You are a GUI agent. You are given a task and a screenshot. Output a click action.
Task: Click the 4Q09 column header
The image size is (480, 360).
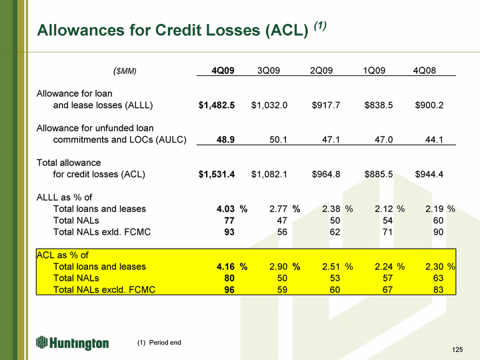tap(223, 71)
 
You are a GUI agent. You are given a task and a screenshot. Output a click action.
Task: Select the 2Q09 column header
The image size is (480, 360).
tap(321, 71)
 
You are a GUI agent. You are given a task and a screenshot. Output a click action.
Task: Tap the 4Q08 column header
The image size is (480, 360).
tap(424, 71)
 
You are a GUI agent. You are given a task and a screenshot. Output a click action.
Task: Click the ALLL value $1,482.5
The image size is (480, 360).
tap(217, 105)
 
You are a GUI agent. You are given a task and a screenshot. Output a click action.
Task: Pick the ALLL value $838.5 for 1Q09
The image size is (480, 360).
tap(379, 105)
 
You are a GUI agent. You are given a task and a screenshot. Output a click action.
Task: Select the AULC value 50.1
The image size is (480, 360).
tap(278, 140)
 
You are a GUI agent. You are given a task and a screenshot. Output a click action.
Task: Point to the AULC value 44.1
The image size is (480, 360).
tap(434, 140)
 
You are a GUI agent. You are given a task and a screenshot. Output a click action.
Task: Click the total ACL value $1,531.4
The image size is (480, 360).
tap(217, 175)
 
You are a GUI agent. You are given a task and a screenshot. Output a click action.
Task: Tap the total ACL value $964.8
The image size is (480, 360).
tap(326, 175)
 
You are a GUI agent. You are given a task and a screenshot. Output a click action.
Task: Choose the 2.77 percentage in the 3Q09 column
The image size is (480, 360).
tap(278, 209)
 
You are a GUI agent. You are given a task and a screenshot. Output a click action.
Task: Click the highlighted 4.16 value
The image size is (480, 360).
tap(225, 267)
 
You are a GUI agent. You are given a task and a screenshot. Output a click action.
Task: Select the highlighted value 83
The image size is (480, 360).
tap(439, 289)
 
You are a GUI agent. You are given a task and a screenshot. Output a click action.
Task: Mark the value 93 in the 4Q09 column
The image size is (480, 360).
tap(229, 232)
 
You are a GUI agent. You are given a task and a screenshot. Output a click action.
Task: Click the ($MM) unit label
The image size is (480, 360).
tap(125, 71)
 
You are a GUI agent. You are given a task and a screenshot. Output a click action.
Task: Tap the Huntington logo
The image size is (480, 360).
tap(73, 343)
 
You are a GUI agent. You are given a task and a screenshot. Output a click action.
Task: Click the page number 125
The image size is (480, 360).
tap(457, 349)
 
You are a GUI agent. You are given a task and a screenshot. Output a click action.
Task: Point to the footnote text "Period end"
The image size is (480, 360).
tap(165, 343)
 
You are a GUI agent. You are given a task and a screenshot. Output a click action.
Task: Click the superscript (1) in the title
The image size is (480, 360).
tap(320, 26)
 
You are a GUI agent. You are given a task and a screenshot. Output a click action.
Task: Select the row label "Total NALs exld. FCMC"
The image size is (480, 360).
tap(102, 232)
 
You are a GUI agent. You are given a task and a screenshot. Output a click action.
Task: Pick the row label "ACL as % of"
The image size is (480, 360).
tap(63, 255)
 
